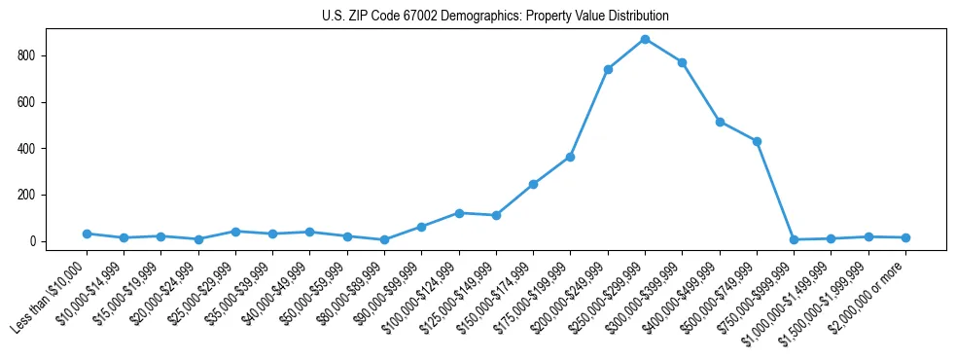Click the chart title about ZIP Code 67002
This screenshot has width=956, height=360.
point(495,17)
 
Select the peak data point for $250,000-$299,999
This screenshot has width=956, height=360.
point(645,39)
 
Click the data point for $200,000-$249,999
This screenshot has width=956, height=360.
point(608,69)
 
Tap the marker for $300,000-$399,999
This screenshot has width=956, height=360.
point(683,62)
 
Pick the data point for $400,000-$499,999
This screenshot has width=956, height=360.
point(720,122)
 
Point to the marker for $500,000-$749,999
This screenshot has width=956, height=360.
point(757,141)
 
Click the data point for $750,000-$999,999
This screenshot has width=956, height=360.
point(794,239)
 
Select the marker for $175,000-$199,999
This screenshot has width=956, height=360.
point(570,157)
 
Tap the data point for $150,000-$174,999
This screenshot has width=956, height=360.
point(533,184)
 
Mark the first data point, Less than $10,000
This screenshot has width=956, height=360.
point(87,234)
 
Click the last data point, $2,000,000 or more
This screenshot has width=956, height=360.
point(905,237)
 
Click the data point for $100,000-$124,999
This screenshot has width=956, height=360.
point(459,213)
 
